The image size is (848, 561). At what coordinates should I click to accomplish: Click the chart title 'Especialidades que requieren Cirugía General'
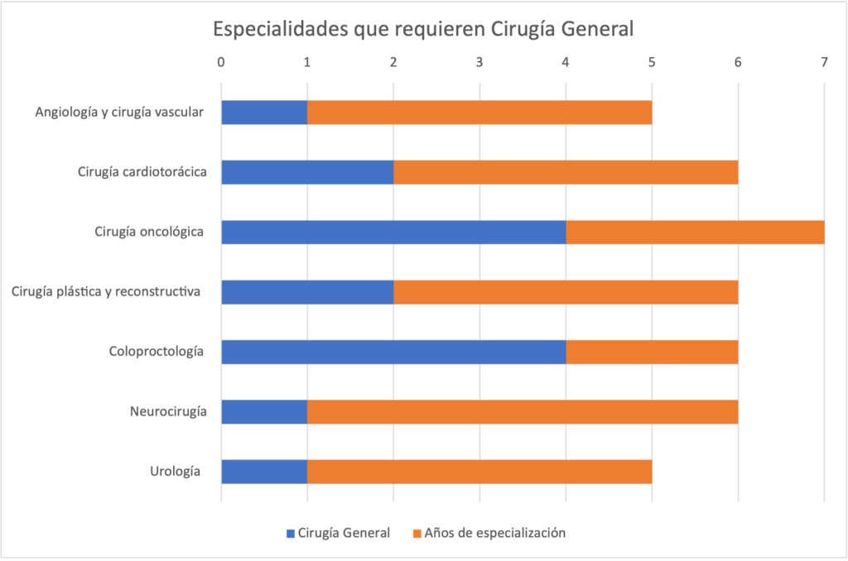click(x=423, y=29)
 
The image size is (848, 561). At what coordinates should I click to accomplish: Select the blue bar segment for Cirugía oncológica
click(x=393, y=233)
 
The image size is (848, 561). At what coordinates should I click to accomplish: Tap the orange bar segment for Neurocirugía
click(x=523, y=411)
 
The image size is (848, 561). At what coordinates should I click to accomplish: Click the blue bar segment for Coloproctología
click(x=393, y=352)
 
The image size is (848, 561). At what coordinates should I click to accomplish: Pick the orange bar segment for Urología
click(x=479, y=471)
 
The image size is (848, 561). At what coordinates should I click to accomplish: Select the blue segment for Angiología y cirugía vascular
click(x=264, y=113)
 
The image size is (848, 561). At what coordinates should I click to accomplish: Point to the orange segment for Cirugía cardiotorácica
click(x=566, y=172)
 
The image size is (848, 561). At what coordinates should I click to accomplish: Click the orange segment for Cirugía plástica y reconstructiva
click(x=566, y=292)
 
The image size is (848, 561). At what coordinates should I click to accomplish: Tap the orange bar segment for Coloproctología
click(x=652, y=352)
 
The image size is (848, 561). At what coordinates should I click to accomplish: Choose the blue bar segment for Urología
click(x=264, y=471)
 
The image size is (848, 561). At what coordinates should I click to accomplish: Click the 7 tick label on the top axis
click(x=824, y=62)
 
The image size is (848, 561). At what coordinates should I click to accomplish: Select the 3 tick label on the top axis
click(x=479, y=62)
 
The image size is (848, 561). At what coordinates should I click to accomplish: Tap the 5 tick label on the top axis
click(x=652, y=62)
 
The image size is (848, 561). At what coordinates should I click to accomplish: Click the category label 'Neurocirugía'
click(x=168, y=411)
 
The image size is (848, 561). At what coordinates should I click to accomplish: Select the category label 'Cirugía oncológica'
click(x=149, y=233)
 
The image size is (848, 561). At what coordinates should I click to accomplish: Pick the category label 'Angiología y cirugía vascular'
click(x=119, y=113)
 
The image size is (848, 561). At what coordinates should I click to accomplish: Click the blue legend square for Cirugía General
click(x=291, y=534)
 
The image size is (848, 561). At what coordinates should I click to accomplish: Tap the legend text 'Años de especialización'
click(x=495, y=533)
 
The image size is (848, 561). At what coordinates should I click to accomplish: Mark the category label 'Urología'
click(x=175, y=471)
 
